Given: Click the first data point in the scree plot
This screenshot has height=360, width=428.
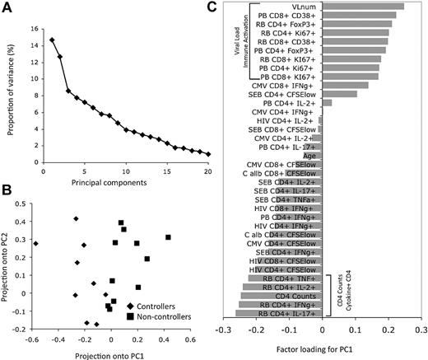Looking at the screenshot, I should [52, 40].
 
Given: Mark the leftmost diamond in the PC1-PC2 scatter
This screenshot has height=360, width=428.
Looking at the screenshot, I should [35, 244].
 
